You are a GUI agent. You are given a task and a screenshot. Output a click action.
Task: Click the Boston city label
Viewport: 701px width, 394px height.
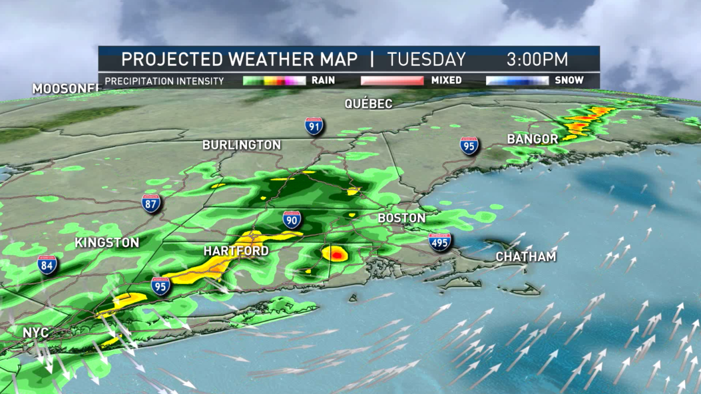point(401,218)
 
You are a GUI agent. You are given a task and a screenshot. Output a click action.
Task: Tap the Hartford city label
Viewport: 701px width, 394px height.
point(236,252)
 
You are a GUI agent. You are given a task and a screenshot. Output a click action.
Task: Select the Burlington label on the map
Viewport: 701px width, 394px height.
point(241,145)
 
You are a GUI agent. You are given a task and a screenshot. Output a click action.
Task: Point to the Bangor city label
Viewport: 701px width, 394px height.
point(532,139)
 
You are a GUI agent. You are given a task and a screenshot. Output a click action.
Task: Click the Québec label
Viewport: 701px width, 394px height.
point(368,104)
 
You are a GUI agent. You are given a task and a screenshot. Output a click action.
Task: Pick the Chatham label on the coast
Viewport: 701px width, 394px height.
point(526,257)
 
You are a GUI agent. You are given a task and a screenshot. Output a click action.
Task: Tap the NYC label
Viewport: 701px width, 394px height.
point(35,333)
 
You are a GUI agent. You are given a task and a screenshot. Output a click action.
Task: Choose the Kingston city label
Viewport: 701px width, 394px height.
point(107,243)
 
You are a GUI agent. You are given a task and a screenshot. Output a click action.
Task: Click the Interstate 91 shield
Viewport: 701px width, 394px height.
point(314,125)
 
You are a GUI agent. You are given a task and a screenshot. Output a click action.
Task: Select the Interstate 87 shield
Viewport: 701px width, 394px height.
point(151,203)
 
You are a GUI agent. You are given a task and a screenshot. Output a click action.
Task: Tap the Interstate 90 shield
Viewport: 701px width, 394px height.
point(291,219)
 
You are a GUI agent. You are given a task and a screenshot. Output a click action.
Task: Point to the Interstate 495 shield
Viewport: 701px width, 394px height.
point(439,242)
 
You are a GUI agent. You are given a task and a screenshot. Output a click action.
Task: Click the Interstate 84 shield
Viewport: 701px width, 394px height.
point(47,264)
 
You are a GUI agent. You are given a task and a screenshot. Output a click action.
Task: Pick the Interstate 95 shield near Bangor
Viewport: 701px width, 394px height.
point(469,145)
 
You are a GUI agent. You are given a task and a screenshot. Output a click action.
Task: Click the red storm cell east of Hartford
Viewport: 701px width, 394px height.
point(335,254)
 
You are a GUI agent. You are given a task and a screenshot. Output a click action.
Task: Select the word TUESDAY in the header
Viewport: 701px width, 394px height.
point(426,60)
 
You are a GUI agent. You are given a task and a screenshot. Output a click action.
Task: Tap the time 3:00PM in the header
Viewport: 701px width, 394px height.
point(537,60)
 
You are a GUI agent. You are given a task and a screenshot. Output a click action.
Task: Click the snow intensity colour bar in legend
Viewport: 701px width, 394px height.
point(516,81)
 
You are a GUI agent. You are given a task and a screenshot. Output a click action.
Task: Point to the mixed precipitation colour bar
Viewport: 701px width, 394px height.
point(391,81)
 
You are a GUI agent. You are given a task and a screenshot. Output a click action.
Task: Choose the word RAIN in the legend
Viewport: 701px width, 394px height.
point(323,81)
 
